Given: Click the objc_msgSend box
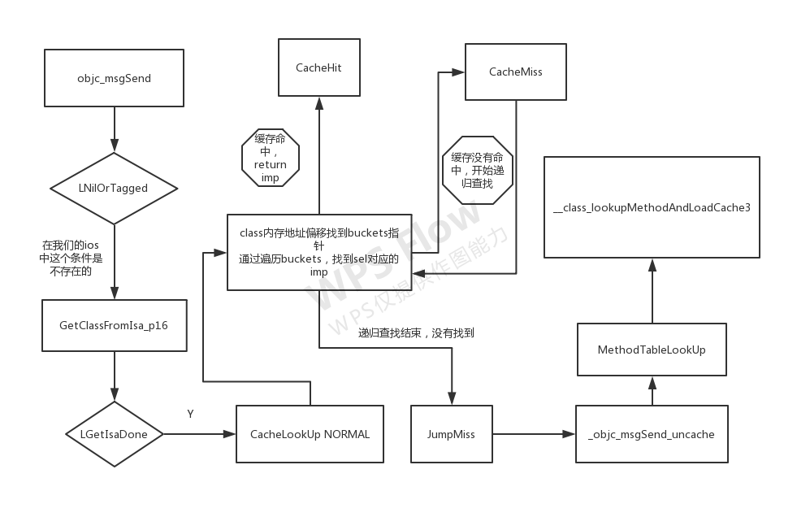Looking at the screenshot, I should [x=114, y=78].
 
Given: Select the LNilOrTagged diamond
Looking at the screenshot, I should [x=114, y=188].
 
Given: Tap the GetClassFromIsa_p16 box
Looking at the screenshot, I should [x=114, y=325].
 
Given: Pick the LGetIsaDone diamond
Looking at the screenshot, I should [x=114, y=434].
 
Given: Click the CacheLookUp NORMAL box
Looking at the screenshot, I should [x=310, y=434].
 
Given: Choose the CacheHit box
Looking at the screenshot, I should [x=318, y=68].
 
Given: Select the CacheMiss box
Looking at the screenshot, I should [x=515, y=72].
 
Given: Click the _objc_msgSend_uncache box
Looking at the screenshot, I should [x=651, y=434].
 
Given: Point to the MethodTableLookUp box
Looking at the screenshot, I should [x=651, y=350].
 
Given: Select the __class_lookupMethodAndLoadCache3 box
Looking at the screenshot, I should [x=651, y=207].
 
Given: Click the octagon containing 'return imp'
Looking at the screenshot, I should [x=271, y=159].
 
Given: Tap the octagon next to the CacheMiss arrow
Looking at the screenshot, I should [x=477, y=170].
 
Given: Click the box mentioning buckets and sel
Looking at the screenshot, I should [x=318, y=252].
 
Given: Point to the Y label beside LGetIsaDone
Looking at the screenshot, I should [x=190, y=415].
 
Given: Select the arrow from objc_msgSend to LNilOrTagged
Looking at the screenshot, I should [x=114, y=130].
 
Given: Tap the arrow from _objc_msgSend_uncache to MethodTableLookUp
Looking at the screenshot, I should [x=651, y=391].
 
